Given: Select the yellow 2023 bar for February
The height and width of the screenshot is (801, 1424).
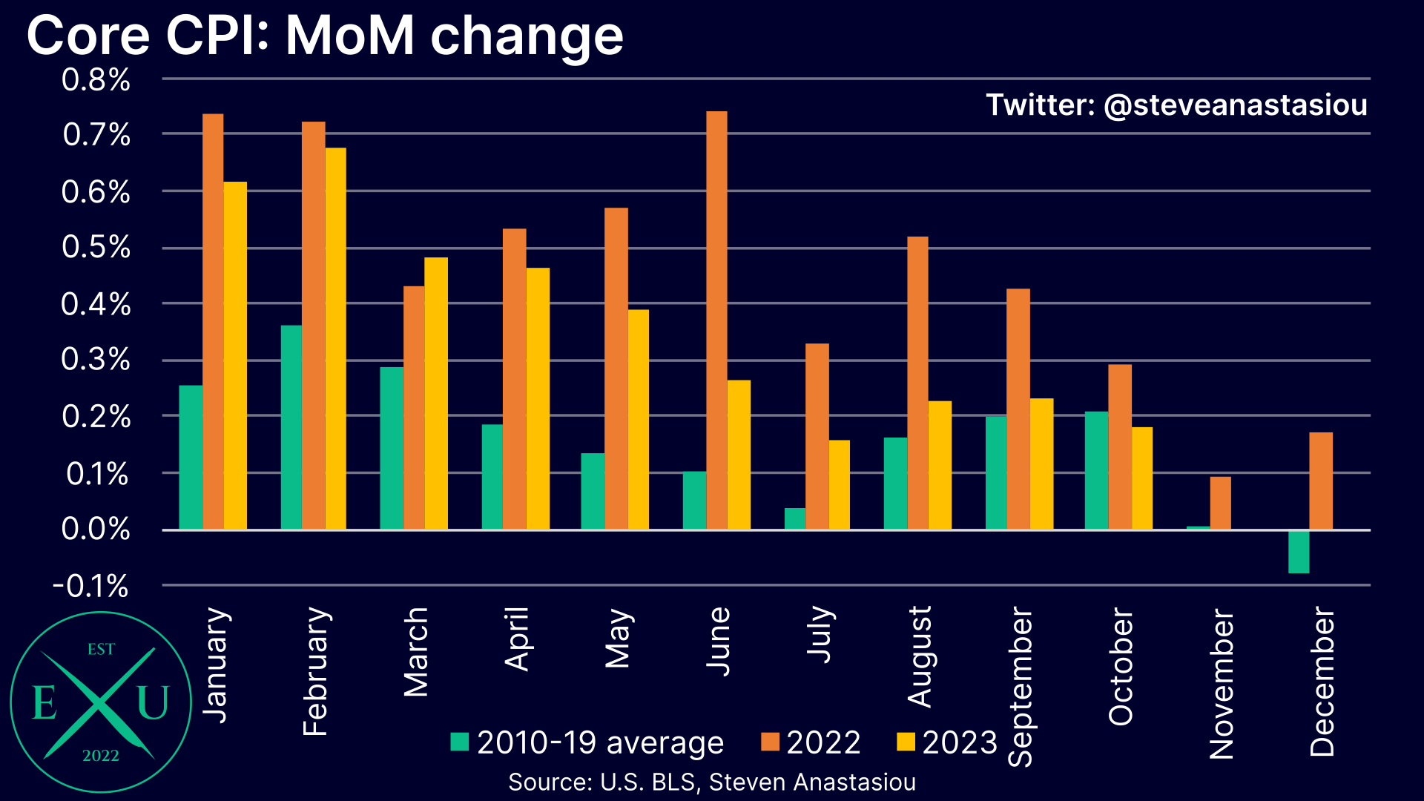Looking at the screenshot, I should point(335,338).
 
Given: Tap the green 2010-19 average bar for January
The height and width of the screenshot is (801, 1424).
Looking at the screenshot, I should point(191,457).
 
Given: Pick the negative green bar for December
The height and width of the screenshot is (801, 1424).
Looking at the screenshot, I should point(1299,552).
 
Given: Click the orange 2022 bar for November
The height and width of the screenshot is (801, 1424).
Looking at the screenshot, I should point(1220,503).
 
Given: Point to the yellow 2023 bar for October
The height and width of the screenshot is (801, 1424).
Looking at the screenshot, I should point(1142,478).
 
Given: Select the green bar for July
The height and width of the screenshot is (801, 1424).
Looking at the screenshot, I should point(795,518).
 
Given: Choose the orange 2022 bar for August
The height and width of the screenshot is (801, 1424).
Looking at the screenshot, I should point(917,383).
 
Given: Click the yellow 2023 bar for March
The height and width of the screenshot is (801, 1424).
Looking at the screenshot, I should point(436,393).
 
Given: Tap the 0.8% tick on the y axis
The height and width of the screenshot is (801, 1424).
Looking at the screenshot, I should point(96,80).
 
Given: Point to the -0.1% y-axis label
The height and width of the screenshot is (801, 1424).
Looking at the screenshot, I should point(90,587).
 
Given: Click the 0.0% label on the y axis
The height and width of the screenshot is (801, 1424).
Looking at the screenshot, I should point(96,530).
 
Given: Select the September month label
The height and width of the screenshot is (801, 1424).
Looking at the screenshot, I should point(1021,686).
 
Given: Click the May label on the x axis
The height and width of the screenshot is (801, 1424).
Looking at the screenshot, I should point(618,639).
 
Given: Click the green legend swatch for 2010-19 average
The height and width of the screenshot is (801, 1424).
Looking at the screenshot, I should point(460,742).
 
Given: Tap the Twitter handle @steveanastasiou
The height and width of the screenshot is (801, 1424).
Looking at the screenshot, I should point(1176,105).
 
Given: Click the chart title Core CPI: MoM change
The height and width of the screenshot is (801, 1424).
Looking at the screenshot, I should point(325,36).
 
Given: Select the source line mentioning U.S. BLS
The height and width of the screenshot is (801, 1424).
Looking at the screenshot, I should point(712,782).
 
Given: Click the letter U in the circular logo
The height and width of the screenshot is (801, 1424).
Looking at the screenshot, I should point(153,702).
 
